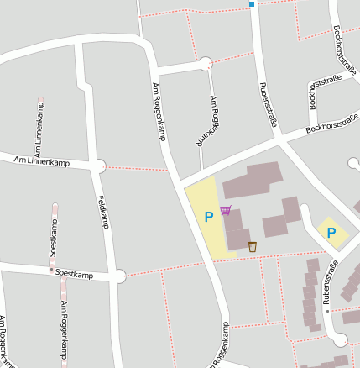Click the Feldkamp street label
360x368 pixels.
(x=103, y=211)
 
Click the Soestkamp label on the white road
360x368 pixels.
(x=75, y=274)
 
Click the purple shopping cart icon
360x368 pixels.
(x=225, y=210)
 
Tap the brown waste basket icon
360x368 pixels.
(x=252, y=247)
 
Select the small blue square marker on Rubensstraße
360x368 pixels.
(x=251, y=4)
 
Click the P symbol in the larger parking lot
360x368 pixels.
(x=209, y=217)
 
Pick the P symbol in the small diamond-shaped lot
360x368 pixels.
(x=331, y=233)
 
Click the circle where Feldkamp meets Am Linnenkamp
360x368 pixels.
(x=100, y=166)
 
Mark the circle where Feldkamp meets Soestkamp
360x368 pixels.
(x=119, y=275)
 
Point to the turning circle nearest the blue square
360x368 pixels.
(x=206, y=63)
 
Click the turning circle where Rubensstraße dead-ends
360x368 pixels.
(x=340, y=340)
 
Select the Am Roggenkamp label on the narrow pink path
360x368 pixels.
(x=63, y=326)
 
